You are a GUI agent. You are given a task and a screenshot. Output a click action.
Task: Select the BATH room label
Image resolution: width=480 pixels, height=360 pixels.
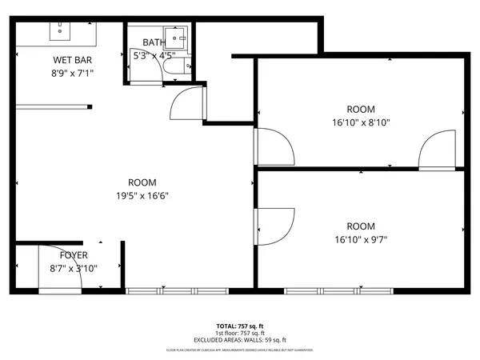tap(154, 42)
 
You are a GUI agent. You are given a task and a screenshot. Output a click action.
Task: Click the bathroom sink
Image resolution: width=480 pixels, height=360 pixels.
tap(182, 35)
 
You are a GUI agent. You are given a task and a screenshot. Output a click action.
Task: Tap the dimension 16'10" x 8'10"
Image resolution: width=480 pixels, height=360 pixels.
tap(360, 122)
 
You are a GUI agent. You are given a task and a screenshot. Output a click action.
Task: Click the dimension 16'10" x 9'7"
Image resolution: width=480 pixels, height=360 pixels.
tap(360, 238)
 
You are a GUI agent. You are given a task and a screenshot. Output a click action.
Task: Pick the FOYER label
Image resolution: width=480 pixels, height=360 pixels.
tap(69, 255)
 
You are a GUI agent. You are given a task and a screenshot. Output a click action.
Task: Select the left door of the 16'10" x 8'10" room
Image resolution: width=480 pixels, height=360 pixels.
tap(274, 144)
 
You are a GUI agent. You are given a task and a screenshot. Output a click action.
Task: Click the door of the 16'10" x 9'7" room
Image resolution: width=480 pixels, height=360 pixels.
tap(274, 226)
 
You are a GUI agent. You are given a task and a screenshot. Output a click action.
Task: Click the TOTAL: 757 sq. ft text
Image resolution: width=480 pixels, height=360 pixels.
tap(239, 326)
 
